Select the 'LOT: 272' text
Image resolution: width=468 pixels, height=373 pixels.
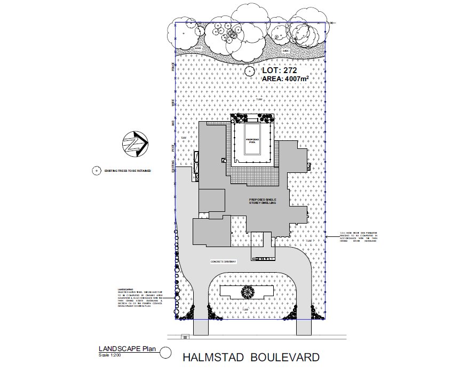coord(280,70)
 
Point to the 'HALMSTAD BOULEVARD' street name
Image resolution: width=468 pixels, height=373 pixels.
coord(251,356)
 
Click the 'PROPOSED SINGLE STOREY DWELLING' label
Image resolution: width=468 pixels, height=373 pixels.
coord(263,201)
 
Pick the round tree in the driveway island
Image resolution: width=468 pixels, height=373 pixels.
coord(247,292)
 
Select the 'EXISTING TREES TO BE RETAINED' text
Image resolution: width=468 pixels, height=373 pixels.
coord(128,171)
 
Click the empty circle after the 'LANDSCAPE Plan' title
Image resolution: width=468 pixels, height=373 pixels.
coord(166,352)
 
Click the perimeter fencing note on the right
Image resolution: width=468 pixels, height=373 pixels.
coord(359,236)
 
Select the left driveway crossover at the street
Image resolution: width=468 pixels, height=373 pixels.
coord(200,327)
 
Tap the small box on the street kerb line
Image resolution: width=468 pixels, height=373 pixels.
coord(185,336)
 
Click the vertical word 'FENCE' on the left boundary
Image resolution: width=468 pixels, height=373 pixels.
coord(172,67)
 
